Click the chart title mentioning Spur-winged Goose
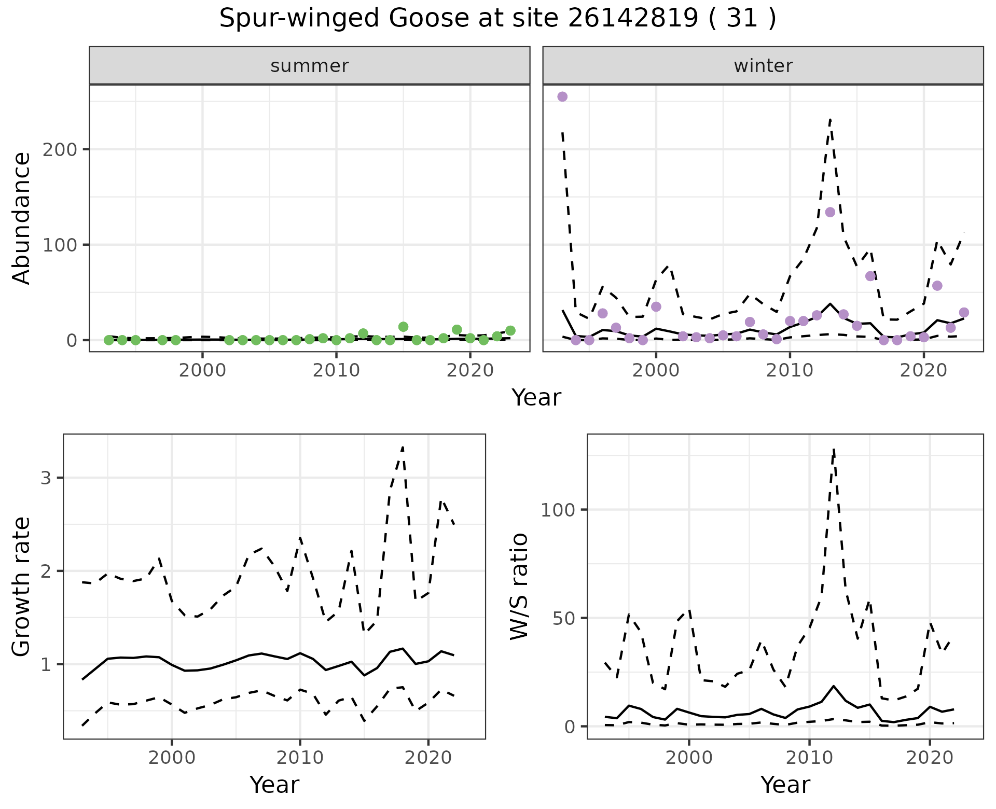tap(497, 19)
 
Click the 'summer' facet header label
tap(310, 66)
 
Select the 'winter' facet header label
tap(763, 66)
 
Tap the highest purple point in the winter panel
tap(562, 97)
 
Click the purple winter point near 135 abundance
tap(830, 212)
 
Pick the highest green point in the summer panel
tap(404, 327)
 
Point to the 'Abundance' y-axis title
tap(22, 218)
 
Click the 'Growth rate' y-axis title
tap(22, 587)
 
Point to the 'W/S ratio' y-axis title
tap(519, 587)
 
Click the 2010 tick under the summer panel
tap(336, 371)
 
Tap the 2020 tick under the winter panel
tap(923, 371)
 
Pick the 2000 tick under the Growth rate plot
tap(172, 758)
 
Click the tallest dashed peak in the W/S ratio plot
tap(834, 449)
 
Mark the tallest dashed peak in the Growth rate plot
tap(403, 447)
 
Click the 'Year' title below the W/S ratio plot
tap(785, 785)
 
